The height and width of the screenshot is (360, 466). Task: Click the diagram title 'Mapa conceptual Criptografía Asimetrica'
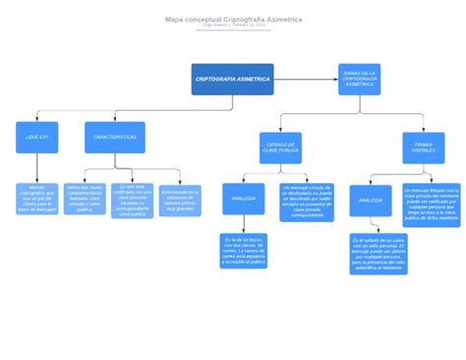tap(233, 19)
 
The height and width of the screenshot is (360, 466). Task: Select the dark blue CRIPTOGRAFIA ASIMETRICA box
tap(232, 79)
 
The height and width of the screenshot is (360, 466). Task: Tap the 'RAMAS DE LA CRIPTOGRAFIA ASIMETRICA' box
tap(359, 79)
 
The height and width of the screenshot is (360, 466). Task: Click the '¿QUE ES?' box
tap(37, 137)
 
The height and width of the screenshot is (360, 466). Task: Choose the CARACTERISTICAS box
tap(115, 137)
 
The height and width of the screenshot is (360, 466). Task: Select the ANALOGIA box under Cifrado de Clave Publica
tap(243, 199)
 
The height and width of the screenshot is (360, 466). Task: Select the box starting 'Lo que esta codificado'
tap(133, 199)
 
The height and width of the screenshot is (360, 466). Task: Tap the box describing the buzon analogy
tap(243, 250)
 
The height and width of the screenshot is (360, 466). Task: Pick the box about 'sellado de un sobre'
tap(378, 253)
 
